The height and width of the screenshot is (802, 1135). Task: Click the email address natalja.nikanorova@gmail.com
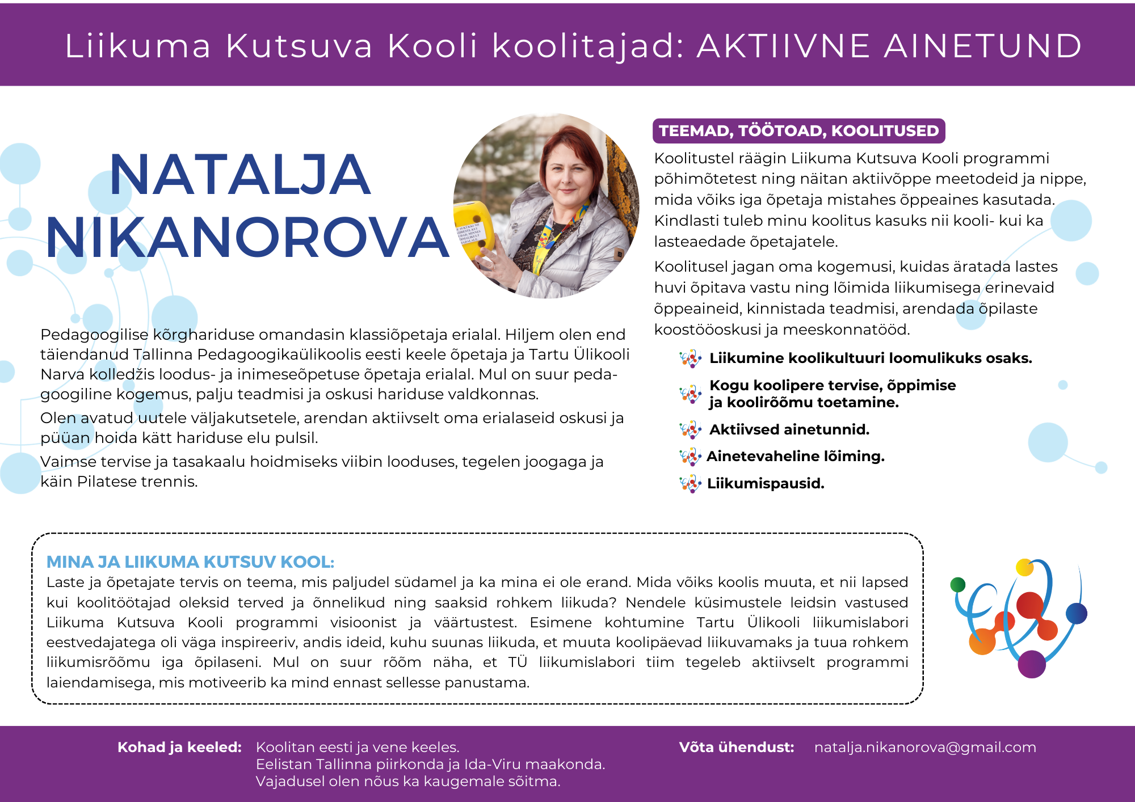[925, 748]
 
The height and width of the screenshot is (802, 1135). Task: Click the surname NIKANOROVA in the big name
[247, 238]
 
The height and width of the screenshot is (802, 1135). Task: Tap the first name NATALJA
[239, 175]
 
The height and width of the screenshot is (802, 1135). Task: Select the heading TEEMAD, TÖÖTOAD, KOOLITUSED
[798, 131]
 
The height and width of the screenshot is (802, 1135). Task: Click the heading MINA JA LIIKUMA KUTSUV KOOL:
[190, 562]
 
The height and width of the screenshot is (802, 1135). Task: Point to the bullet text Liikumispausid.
[766, 484]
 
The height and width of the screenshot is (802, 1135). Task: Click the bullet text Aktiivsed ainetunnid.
[789, 430]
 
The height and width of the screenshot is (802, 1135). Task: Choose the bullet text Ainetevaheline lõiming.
[796, 457]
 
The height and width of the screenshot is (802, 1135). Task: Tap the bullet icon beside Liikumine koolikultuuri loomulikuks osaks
[690, 358]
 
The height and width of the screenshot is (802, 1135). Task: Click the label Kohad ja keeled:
[179, 748]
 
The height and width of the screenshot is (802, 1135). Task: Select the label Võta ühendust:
[736, 748]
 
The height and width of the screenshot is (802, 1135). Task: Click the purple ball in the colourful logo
[1032, 664]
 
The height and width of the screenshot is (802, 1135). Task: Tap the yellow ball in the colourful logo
[1024, 567]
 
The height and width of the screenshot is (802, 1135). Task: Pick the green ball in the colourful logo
[958, 585]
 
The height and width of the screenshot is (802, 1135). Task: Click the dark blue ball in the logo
[1077, 613]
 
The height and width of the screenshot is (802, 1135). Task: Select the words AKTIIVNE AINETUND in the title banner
[889, 46]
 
